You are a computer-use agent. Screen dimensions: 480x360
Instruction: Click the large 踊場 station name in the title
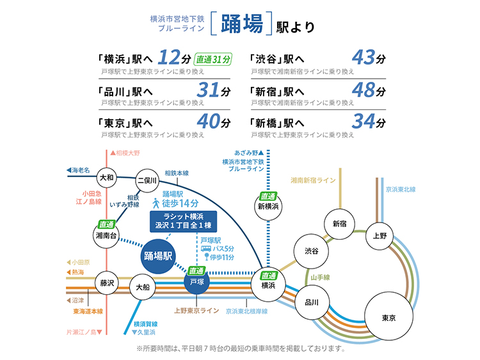tap(242, 24)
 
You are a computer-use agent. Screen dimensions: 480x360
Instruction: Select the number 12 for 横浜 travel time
tap(169, 58)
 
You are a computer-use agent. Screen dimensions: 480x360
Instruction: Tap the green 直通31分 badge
tap(212, 59)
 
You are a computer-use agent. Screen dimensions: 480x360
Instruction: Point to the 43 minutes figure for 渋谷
tap(364, 58)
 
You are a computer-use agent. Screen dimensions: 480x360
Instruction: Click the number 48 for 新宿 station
tap(364, 90)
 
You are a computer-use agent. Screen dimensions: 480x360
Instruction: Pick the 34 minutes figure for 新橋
tap(364, 121)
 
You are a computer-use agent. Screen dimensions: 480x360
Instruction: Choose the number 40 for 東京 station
tap(209, 121)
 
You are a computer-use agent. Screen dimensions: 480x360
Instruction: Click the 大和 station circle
tap(107, 177)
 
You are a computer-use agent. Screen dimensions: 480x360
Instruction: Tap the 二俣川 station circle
tap(147, 180)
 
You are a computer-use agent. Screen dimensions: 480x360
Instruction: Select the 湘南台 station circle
tap(106, 235)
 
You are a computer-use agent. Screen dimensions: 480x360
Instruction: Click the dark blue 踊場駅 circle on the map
tap(158, 256)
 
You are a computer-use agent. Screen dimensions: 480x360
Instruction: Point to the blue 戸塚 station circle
tap(197, 282)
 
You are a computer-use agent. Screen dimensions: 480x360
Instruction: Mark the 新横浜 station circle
tap(268, 207)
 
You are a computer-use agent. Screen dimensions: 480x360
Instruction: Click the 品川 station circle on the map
tap(312, 302)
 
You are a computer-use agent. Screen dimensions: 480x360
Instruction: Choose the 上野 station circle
tap(380, 236)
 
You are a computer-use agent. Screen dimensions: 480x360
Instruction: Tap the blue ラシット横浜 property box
tap(184, 221)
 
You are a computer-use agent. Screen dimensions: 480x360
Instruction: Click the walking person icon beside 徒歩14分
tap(156, 203)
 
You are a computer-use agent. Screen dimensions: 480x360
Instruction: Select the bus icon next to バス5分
tap(206, 249)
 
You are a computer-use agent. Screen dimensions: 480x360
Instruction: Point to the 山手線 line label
tap(320, 278)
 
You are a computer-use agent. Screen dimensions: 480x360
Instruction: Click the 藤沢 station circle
tap(107, 283)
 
